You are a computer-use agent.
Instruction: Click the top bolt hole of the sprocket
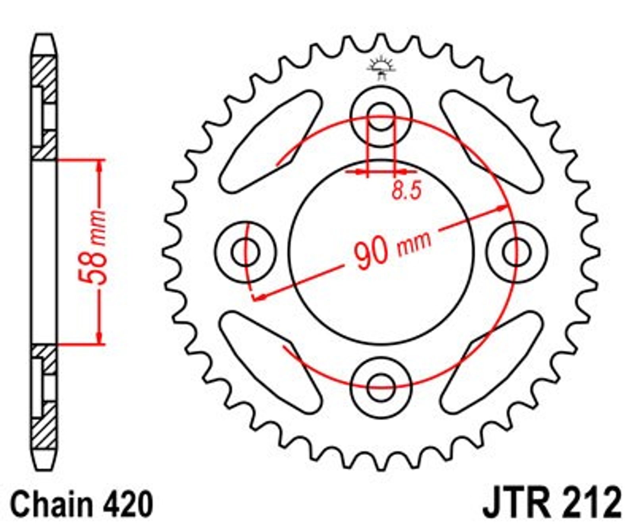381,116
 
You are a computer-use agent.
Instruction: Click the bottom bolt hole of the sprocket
381,387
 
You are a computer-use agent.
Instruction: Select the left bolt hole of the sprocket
246,252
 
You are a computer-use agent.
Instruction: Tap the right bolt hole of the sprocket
516,251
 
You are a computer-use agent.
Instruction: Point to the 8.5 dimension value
406,191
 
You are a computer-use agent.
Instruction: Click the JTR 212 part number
552,502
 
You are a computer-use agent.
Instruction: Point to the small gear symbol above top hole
381,68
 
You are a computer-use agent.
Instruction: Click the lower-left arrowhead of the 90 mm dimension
260,297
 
